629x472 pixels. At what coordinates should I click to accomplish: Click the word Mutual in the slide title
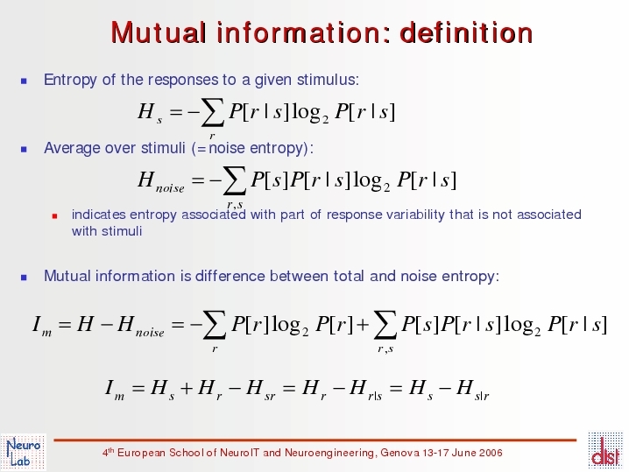tap(159, 32)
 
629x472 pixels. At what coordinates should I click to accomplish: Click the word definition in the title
tap(467, 32)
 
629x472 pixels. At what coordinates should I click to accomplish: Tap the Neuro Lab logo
tap(24, 452)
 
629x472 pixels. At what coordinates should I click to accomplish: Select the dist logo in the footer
tap(605, 451)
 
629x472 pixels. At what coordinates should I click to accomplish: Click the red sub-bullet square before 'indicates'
tap(55, 216)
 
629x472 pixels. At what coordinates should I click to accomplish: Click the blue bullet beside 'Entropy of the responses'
tap(24, 81)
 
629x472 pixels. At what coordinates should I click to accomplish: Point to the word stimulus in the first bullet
tap(328, 80)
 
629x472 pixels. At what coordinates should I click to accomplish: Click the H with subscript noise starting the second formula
tap(161, 181)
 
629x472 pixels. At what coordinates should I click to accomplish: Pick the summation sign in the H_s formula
tap(213, 113)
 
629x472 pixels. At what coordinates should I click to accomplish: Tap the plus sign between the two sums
tap(363, 324)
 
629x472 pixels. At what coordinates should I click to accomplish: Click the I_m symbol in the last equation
tap(115, 389)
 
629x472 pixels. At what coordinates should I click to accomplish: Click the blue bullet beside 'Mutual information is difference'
tap(24, 278)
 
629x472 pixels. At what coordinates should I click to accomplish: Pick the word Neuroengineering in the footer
tap(330, 453)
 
